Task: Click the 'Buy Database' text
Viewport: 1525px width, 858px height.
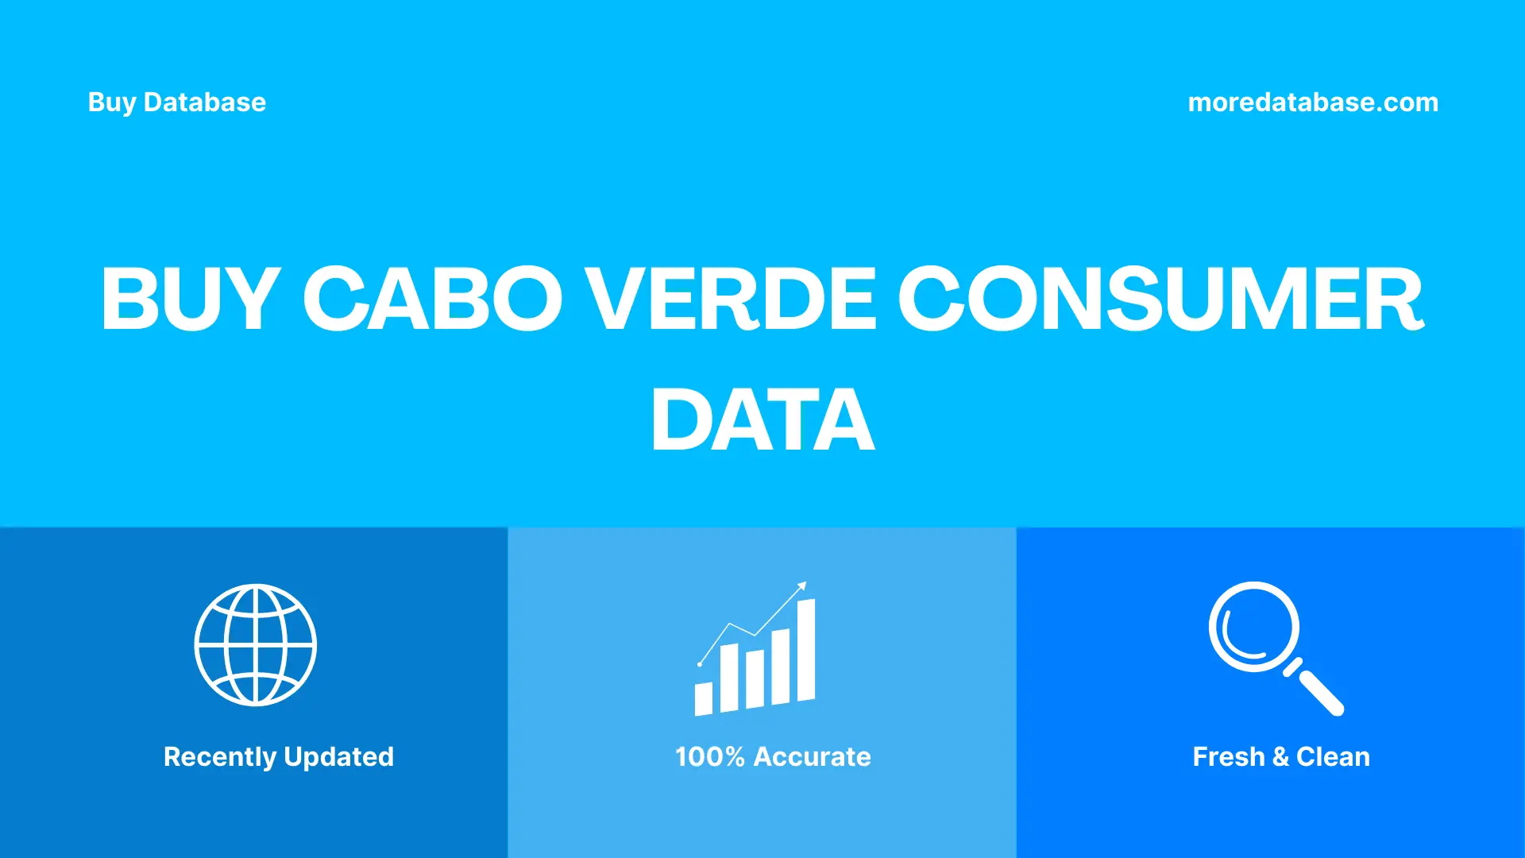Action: point(176,102)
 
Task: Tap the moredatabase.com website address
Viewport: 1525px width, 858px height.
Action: point(1312,102)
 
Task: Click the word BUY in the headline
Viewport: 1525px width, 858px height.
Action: point(190,299)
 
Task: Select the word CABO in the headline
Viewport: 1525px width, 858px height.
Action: point(433,299)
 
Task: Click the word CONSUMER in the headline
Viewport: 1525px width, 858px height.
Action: point(1160,299)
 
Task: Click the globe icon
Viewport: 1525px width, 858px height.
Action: point(256,645)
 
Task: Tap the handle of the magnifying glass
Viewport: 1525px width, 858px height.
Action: point(1319,690)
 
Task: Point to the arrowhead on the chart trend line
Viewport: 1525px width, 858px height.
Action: point(802,586)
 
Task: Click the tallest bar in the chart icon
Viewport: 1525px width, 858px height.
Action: point(805,650)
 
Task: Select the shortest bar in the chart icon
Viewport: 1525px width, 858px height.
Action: point(703,698)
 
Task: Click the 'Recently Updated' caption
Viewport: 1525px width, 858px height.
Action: point(278,756)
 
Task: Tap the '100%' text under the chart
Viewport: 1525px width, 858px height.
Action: point(709,756)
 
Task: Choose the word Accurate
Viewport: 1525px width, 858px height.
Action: point(812,756)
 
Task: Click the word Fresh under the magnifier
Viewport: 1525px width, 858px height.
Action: point(1228,756)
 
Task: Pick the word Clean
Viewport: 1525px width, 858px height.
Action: point(1333,756)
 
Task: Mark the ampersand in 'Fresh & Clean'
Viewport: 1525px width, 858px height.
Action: point(1280,757)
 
